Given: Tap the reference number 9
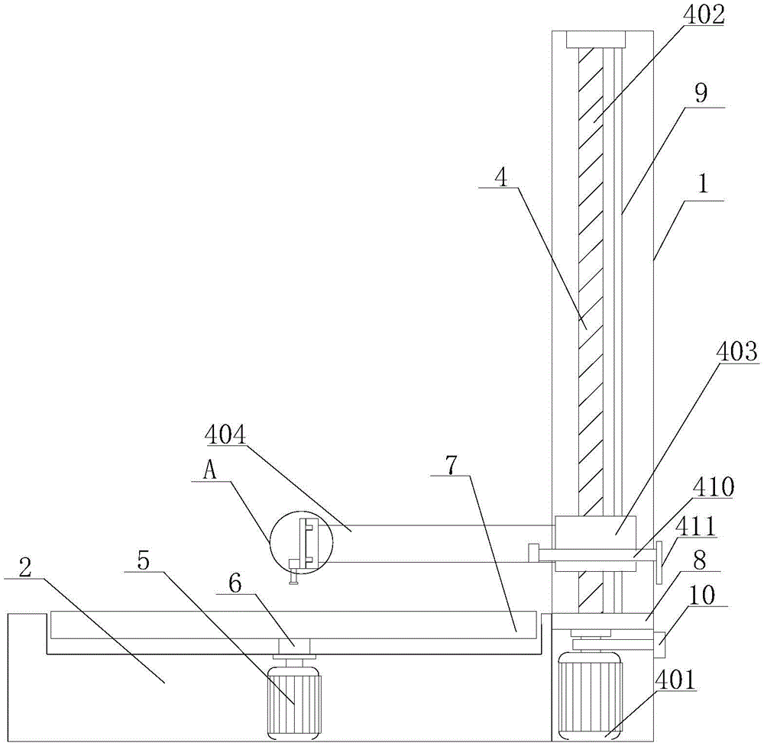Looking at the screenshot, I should [x=701, y=94].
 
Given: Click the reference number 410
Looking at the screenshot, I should [x=711, y=486].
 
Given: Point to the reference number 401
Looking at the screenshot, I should [x=675, y=680].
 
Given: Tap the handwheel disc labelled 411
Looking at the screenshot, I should [x=657, y=561].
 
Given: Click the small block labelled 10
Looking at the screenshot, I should [x=660, y=643].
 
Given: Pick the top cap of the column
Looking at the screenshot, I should [x=595, y=39].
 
